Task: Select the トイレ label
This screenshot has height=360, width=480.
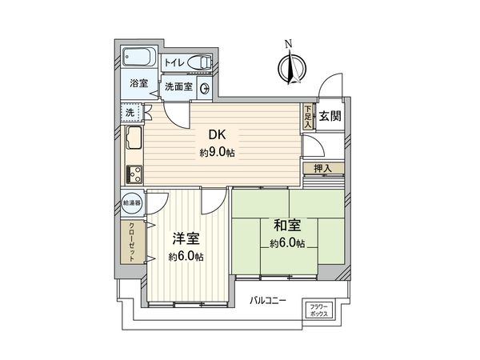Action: pos(175,62)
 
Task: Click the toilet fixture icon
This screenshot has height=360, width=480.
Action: pos(201,62)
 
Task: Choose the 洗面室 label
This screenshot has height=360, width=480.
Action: pos(179,87)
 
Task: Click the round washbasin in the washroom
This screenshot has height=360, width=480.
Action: pos(204,89)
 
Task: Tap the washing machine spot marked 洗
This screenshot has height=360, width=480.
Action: pos(130,113)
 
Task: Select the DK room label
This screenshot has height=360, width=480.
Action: pos(217,135)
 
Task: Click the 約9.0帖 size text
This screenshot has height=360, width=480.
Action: pos(217,151)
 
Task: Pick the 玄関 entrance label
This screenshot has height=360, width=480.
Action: pos(329,116)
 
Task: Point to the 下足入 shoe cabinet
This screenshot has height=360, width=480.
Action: pos(308,115)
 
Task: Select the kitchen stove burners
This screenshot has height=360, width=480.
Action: pos(134,172)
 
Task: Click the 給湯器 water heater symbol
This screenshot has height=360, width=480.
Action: pos(133,203)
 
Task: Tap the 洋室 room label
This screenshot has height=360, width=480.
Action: pos(186,239)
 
